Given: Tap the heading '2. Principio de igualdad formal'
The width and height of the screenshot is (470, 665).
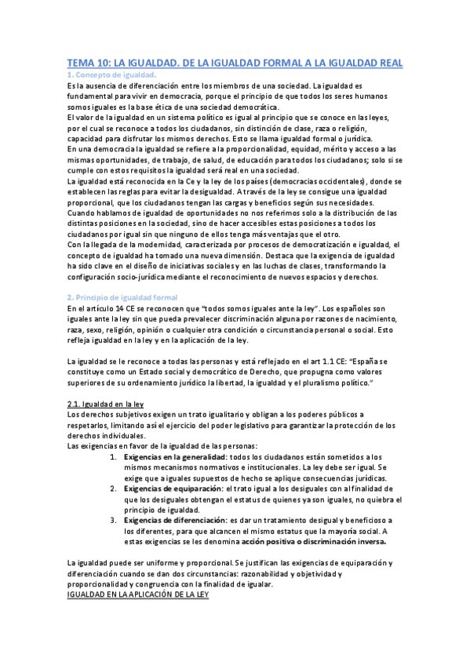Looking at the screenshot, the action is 123,297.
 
